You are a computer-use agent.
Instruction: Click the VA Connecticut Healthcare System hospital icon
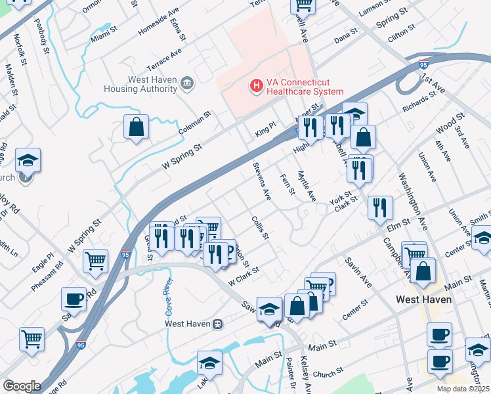pyautogui.click(x=256, y=85)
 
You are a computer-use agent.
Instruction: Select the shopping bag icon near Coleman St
pyautogui.click(x=136, y=127)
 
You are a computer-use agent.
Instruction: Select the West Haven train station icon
pyautogui.click(x=218, y=324)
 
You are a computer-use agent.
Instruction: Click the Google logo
pyautogui.click(x=22, y=385)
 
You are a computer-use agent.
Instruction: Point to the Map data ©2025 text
pyautogui.click(x=463, y=389)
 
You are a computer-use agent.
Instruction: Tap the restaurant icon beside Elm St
pyautogui.click(x=380, y=209)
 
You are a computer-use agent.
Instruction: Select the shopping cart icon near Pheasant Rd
pyautogui.click(x=96, y=261)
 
